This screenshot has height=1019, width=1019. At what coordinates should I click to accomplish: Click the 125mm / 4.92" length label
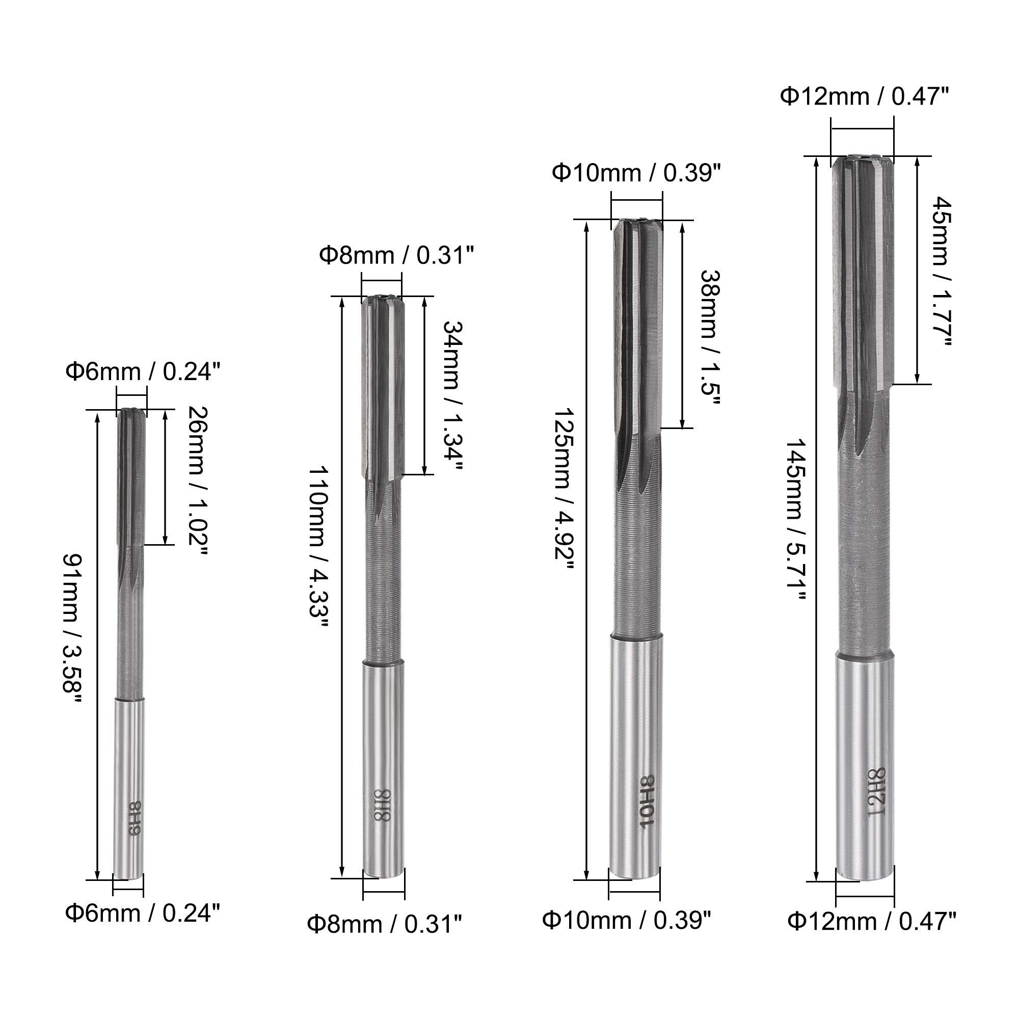563,489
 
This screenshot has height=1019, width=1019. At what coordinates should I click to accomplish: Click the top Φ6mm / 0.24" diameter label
143,372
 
